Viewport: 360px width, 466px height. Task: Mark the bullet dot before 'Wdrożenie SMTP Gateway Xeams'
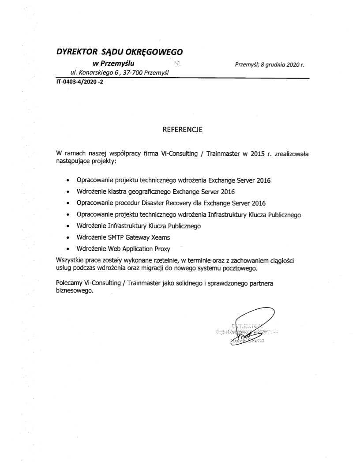pyautogui.click(x=67, y=237)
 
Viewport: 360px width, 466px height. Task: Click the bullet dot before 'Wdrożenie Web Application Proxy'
pyautogui.click(x=67, y=249)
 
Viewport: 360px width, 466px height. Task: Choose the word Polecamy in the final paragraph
pyautogui.click(x=70, y=284)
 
